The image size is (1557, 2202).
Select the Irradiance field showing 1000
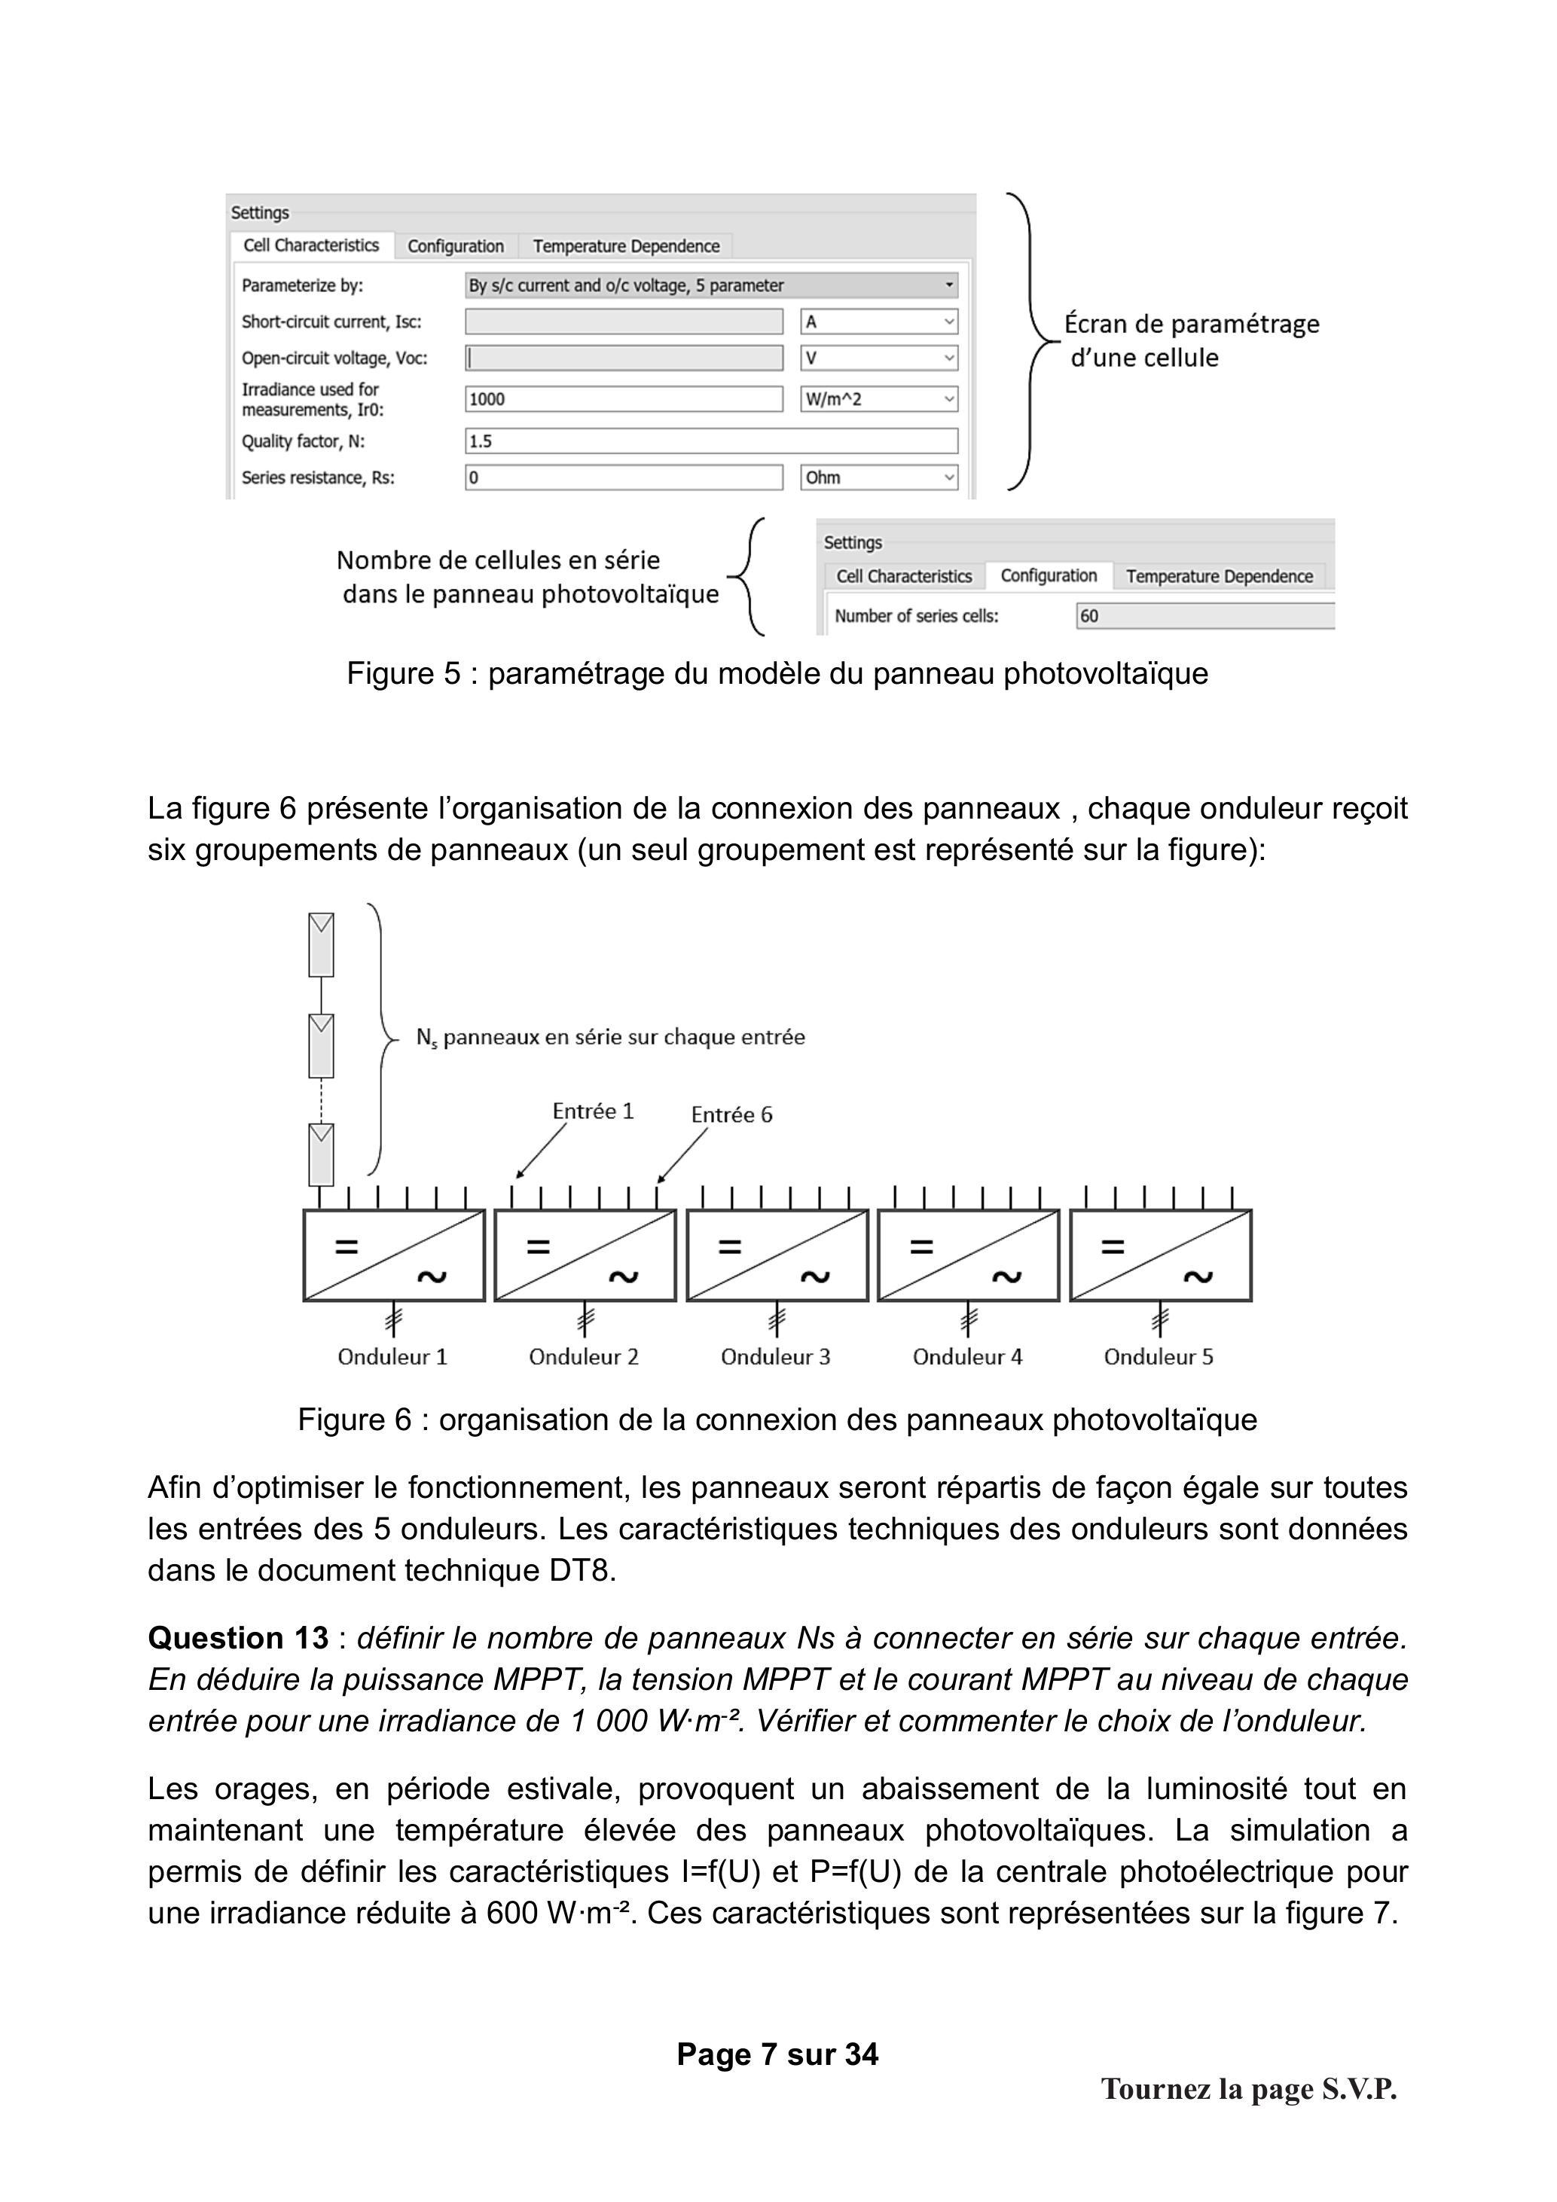pyautogui.click(x=624, y=399)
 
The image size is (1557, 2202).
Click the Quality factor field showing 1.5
pyautogui.click(x=711, y=441)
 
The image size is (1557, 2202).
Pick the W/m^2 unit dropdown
pyautogui.click(x=879, y=399)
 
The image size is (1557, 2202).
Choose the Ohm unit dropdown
pyautogui.click(x=879, y=477)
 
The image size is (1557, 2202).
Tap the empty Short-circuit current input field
pyautogui.click(x=624, y=322)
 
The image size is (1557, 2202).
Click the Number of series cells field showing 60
pyautogui.click(x=1205, y=616)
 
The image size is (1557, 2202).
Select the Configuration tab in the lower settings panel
pyautogui.click(x=1049, y=575)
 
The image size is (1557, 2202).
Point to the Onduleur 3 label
pyautogui.click(x=775, y=1357)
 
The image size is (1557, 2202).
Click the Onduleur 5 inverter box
pyautogui.click(x=1160, y=1255)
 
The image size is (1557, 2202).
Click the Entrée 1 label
pyautogui.click(x=593, y=1111)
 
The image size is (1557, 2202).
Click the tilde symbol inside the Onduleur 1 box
pyautogui.click(x=432, y=1276)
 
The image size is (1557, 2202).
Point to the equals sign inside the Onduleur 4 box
pyautogui.click(x=921, y=1247)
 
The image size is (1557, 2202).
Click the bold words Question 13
pyautogui.click(x=238, y=1638)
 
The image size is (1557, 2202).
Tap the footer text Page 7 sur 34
pyautogui.click(x=777, y=2054)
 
